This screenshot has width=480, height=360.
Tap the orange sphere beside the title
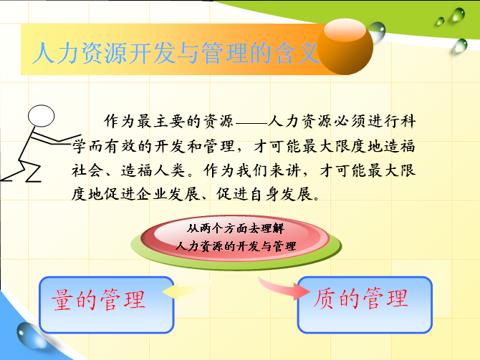click(x=345, y=47)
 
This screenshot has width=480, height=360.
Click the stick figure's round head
click(x=41, y=116)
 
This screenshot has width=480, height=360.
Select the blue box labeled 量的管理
click(x=107, y=305)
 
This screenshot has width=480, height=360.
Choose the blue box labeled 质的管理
click(x=365, y=305)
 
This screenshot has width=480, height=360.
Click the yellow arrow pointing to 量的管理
click(x=187, y=288)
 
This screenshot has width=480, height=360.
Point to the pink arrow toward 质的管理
click(x=283, y=288)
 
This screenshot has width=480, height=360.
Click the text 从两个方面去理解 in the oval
click(x=236, y=228)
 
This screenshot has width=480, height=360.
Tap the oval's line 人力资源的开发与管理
click(x=236, y=246)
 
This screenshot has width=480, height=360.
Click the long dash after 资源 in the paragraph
click(x=251, y=123)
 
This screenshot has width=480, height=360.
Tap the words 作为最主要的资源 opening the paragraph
click(x=168, y=122)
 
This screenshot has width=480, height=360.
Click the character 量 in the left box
click(x=62, y=300)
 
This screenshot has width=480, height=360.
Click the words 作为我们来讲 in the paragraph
click(x=251, y=170)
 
